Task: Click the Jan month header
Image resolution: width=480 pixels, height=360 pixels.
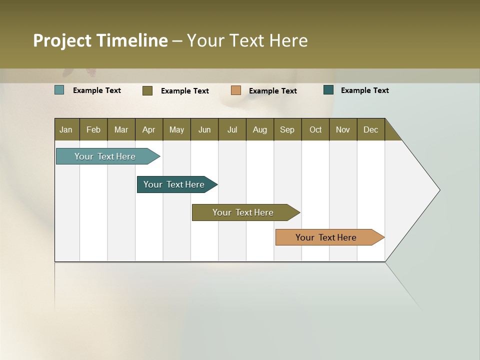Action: [x=66, y=129]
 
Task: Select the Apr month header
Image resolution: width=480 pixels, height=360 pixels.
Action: [x=148, y=129]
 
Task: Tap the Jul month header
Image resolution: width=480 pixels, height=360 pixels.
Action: [x=232, y=129]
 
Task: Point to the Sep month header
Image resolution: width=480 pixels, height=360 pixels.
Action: [x=287, y=129]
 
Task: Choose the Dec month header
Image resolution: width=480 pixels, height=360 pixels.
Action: [x=370, y=129]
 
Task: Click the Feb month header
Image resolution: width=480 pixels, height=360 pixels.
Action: [x=93, y=129]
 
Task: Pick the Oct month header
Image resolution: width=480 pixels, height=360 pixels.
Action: [x=315, y=129]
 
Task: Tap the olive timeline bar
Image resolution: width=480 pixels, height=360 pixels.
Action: [x=243, y=212]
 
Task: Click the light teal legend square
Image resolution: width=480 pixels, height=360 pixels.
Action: [x=59, y=90]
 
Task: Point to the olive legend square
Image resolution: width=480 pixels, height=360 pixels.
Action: [x=147, y=90]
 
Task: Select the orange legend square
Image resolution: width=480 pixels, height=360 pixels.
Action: [x=236, y=90]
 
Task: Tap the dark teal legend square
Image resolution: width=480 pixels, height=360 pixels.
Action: [x=328, y=90]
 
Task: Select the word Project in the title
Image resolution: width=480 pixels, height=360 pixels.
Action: [x=62, y=40]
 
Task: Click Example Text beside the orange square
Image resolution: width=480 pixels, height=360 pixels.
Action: [x=273, y=91]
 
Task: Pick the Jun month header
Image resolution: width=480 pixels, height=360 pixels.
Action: [x=204, y=129]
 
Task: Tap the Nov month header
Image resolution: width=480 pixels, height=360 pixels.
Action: [x=343, y=129]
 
